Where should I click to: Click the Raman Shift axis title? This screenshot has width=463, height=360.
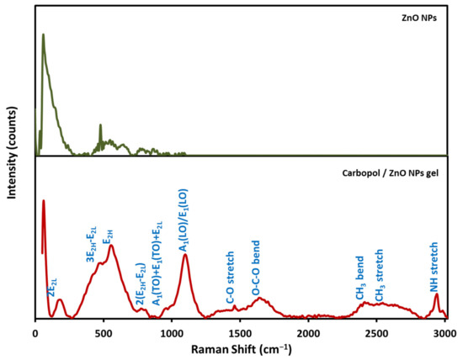pyautogui.click(x=242, y=350)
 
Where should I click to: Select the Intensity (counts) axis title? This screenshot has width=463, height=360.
pyautogui.click(x=12, y=153)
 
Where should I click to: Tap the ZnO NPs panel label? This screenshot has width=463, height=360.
pyautogui.click(x=419, y=18)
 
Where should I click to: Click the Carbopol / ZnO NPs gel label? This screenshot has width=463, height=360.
pyautogui.click(x=390, y=173)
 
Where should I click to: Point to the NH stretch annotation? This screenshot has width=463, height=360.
pyautogui.click(x=434, y=267)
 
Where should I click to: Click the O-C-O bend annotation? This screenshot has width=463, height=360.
pyautogui.click(x=256, y=268)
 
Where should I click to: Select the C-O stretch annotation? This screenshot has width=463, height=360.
pyautogui.click(x=230, y=278)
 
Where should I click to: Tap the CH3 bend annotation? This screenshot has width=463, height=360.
pyautogui.click(x=360, y=278)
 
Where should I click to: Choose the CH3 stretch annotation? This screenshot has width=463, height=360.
pyautogui.click(x=380, y=276)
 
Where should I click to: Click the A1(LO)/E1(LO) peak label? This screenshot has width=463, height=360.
pyautogui.click(x=184, y=220)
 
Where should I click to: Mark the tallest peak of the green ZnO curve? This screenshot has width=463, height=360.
pyautogui.click(x=44, y=34)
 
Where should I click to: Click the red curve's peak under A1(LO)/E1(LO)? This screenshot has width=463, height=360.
pyautogui.click(x=185, y=254)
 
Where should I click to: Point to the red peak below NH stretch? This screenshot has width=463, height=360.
pyautogui.click(x=436, y=294)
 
